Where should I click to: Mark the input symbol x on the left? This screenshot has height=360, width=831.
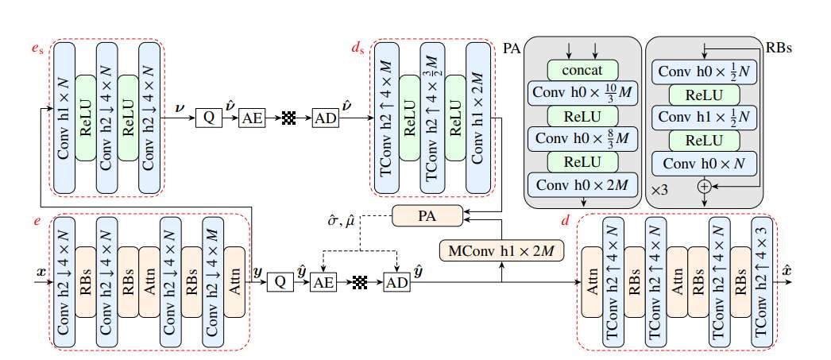41,273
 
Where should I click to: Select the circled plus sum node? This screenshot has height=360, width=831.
704,185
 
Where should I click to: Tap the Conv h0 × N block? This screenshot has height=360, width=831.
703,165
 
